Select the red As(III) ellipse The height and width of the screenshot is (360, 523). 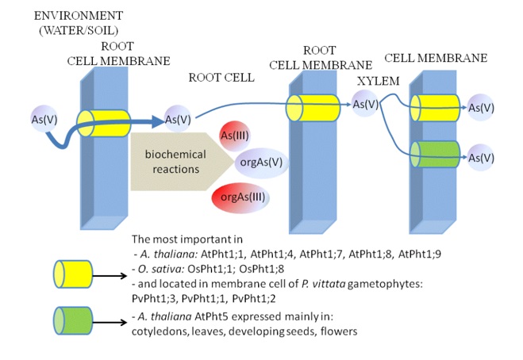coord(237,132)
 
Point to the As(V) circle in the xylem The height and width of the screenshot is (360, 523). coord(367,104)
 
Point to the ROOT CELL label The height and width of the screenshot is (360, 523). coord(222,78)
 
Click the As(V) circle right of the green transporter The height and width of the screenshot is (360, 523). coord(483,158)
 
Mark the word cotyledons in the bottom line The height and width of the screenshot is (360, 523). coord(160,332)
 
